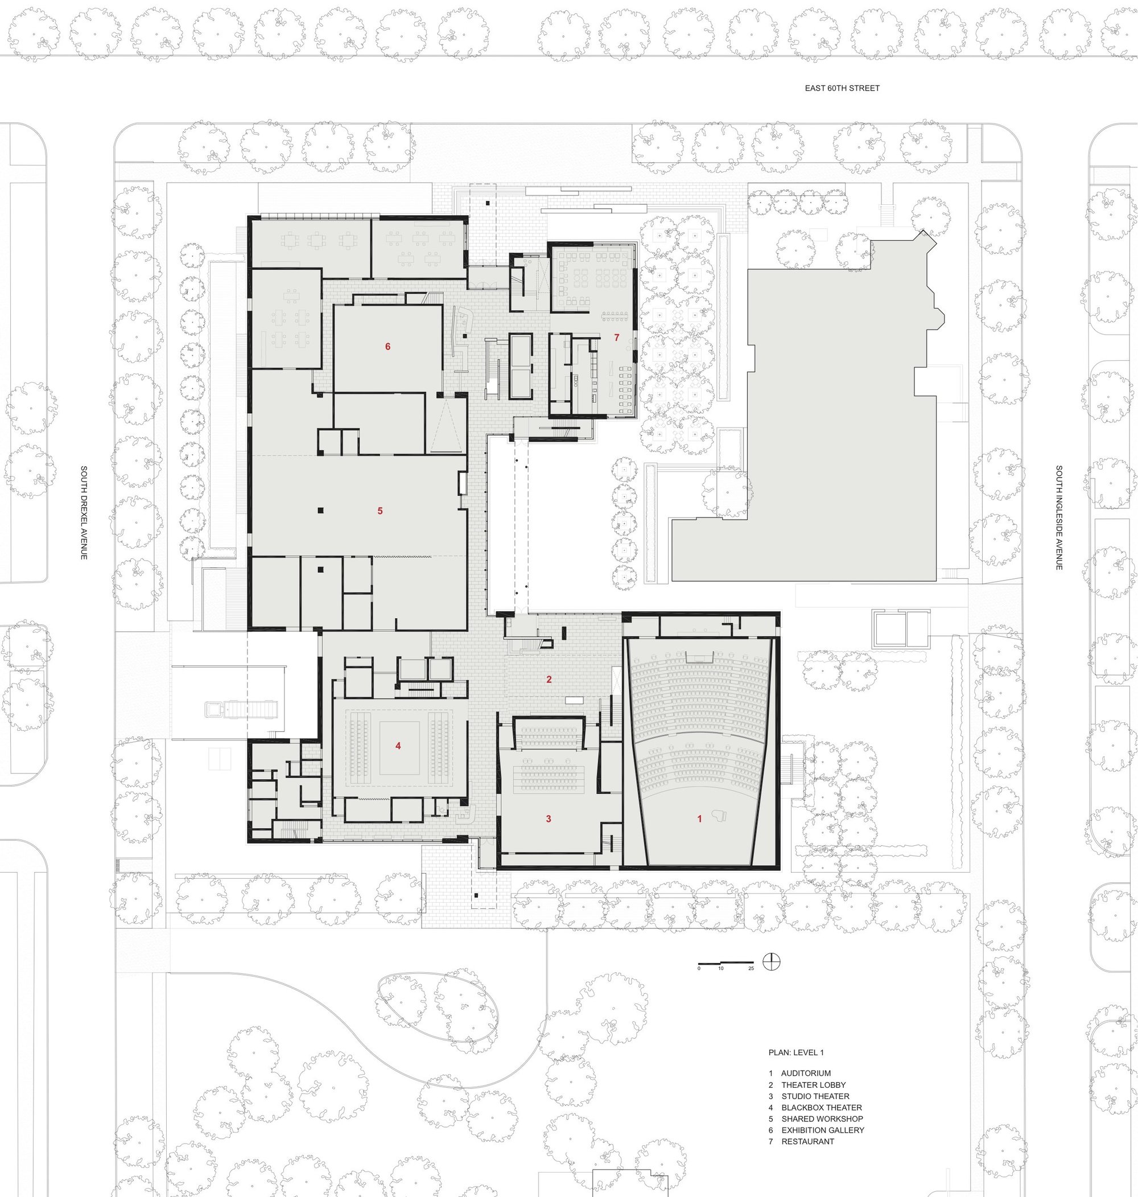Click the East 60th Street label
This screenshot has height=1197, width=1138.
(x=842, y=88)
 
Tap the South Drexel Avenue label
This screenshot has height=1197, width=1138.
(x=84, y=513)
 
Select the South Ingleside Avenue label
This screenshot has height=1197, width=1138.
(x=1058, y=517)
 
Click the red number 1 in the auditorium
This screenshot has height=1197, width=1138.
(x=699, y=818)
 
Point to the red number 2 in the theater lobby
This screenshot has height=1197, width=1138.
(x=549, y=680)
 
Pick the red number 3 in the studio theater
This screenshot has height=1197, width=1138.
(x=549, y=818)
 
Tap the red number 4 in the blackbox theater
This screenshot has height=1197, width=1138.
(x=398, y=746)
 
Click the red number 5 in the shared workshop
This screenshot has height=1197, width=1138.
(x=380, y=511)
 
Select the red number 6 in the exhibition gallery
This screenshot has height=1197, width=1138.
(x=387, y=347)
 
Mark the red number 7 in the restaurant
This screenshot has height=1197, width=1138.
(x=616, y=338)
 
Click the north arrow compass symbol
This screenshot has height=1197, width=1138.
(x=772, y=961)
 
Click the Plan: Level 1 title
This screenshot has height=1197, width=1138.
(x=796, y=1052)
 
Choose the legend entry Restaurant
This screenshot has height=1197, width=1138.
(x=807, y=1141)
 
